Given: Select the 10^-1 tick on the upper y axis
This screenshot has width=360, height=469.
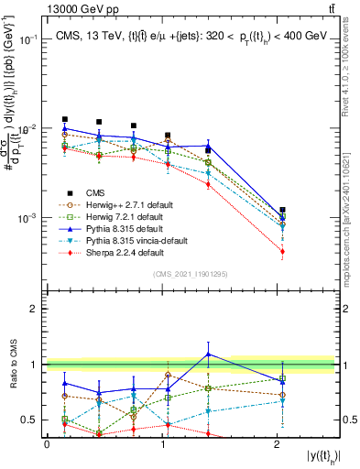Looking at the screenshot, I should [x=30, y=39].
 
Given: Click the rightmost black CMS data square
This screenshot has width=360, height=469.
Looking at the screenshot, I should [x=282, y=211].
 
